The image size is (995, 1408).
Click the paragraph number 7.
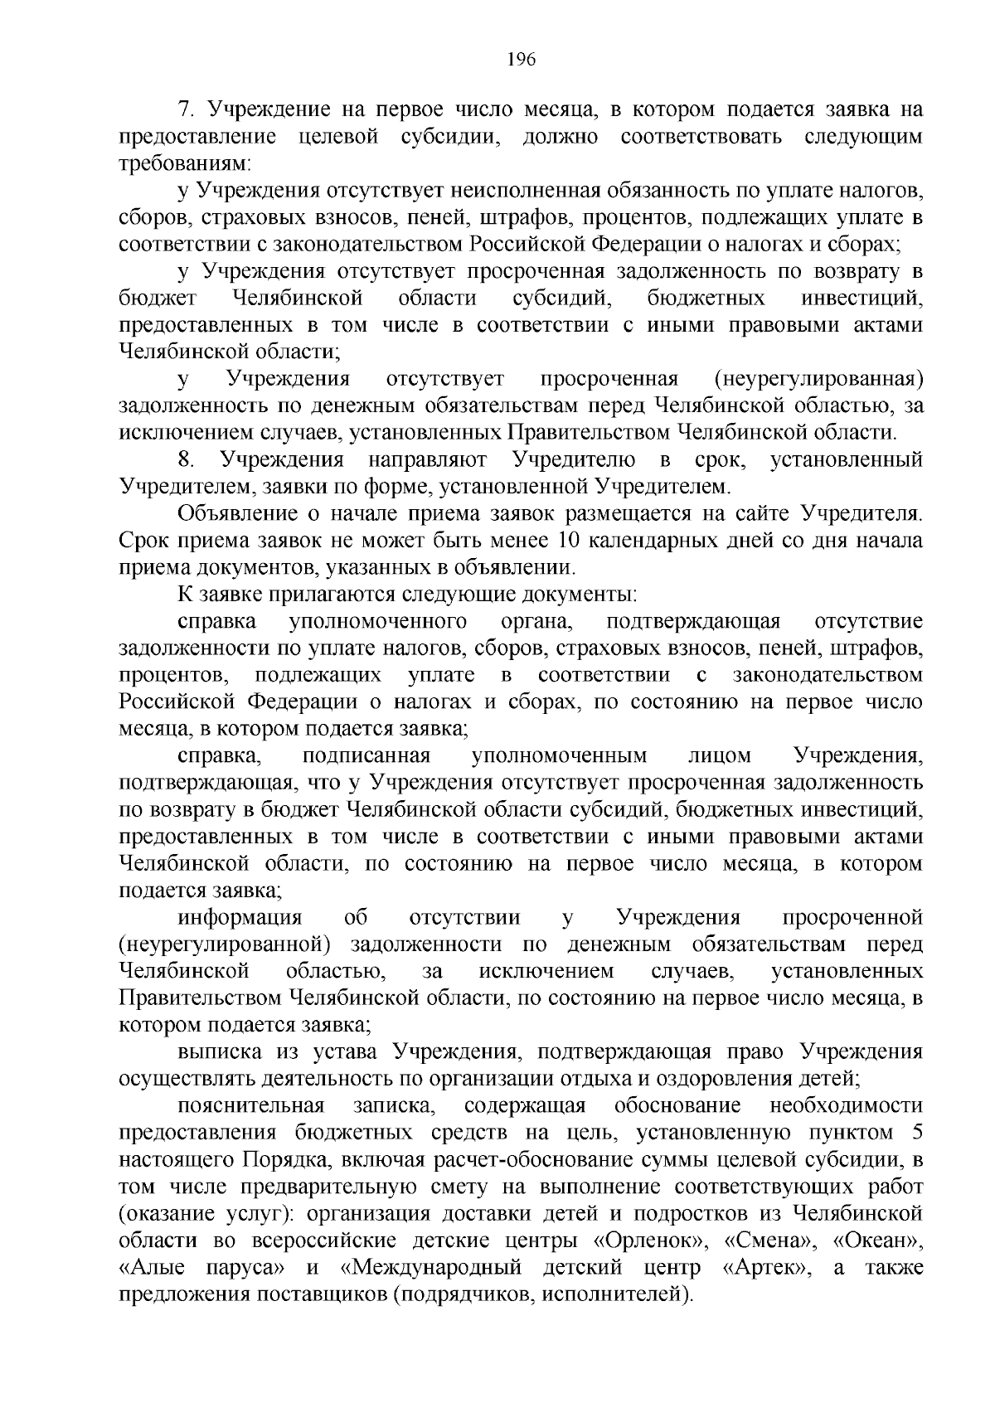click(187, 109)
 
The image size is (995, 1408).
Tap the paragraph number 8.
click(187, 459)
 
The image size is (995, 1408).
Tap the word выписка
click(218, 1052)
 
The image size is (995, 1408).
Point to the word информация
click(240, 917)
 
